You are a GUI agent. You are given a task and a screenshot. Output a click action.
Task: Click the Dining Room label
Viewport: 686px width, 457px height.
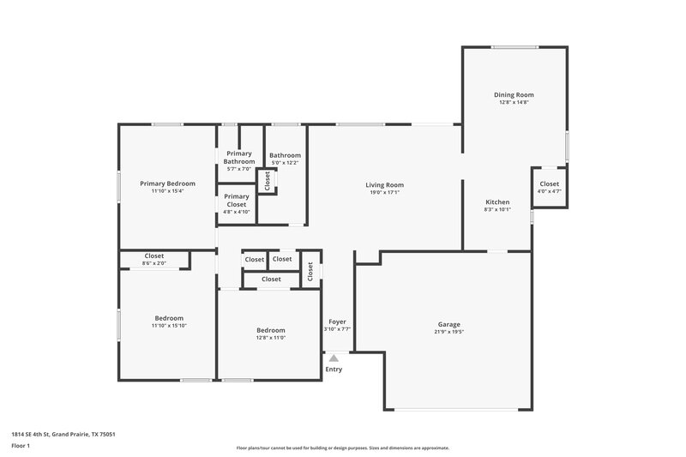point(514,94)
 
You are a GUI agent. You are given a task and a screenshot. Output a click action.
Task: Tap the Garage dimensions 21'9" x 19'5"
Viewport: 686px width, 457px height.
point(449,332)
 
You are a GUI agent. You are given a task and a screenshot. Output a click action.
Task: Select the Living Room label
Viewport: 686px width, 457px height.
point(384,184)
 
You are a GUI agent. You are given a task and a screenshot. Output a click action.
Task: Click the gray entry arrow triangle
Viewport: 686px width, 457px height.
point(334,358)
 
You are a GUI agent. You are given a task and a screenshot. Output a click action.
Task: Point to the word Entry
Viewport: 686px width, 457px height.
point(334,370)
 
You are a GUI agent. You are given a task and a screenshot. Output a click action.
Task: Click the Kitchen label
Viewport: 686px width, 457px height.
point(497,201)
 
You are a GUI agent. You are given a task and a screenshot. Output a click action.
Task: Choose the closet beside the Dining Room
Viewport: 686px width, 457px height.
point(549,188)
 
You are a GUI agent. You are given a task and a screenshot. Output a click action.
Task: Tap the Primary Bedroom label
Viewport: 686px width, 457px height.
point(167,183)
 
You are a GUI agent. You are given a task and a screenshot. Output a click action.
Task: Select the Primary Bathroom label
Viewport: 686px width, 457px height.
point(238,157)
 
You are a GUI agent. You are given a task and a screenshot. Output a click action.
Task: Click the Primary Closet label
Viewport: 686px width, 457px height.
point(236,200)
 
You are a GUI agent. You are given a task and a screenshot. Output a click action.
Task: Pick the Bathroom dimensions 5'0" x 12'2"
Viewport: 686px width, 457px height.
point(286,163)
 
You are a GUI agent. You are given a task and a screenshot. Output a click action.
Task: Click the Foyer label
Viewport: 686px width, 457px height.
point(337,322)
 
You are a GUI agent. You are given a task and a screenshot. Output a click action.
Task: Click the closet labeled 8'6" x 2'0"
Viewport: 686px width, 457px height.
point(154,259)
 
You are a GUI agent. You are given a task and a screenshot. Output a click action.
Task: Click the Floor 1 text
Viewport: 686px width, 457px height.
point(21,447)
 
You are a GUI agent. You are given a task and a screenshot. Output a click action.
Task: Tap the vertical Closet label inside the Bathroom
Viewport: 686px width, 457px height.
point(268,181)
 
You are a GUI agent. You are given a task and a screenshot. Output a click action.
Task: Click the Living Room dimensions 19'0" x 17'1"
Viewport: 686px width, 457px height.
point(384,193)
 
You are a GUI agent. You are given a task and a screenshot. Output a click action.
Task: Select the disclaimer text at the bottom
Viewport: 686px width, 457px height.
point(342,448)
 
